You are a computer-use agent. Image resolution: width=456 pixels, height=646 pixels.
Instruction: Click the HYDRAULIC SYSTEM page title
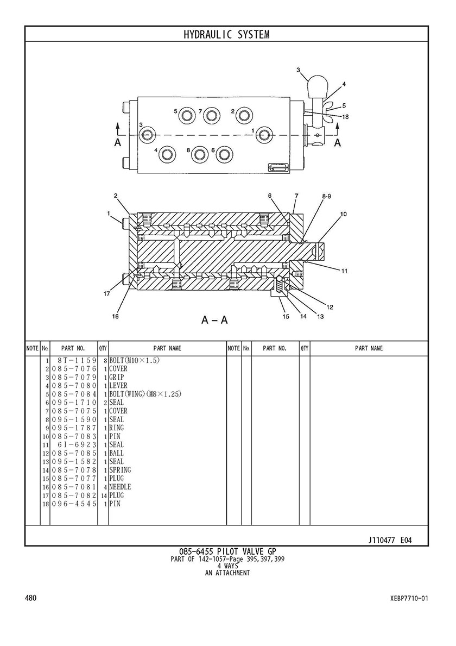click(x=226, y=35)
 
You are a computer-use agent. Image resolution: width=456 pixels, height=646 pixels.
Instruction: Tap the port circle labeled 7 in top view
click(x=212, y=116)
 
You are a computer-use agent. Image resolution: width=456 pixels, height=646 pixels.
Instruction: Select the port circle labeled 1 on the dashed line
click(x=264, y=134)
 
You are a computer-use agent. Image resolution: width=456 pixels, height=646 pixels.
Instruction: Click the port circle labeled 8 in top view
click(x=200, y=154)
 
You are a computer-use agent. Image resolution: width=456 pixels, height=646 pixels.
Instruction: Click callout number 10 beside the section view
click(x=343, y=214)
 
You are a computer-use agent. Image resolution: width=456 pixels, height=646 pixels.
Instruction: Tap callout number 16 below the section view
click(x=115, y=316)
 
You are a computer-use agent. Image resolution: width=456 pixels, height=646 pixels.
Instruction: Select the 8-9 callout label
click(x=326, y=197)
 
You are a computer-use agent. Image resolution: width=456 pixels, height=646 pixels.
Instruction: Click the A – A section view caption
click(x=214, y=319)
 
